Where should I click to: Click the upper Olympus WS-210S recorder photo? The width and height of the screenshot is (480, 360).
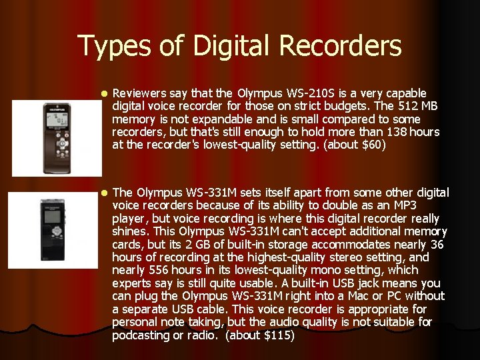[57, 137]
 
